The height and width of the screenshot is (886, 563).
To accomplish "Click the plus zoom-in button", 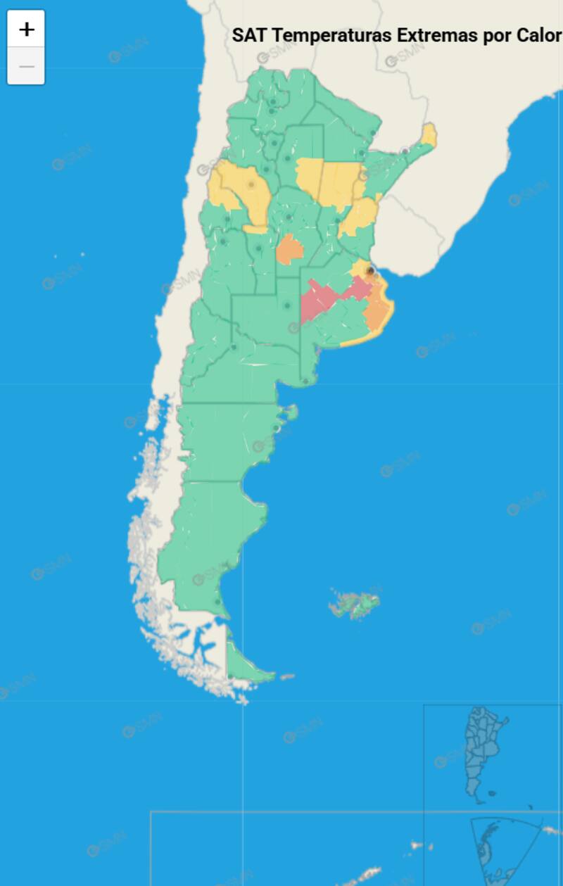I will [26, 29].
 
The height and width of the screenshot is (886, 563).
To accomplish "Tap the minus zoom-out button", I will [26, 66].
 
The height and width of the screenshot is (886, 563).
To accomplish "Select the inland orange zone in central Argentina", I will [289, 250].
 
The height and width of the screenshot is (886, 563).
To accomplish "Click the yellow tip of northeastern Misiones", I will [429, 134].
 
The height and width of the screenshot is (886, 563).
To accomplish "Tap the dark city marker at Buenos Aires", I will [371, 271].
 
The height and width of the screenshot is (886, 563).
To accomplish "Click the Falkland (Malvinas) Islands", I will [355, 603].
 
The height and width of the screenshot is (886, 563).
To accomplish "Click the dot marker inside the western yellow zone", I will [251, 184].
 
